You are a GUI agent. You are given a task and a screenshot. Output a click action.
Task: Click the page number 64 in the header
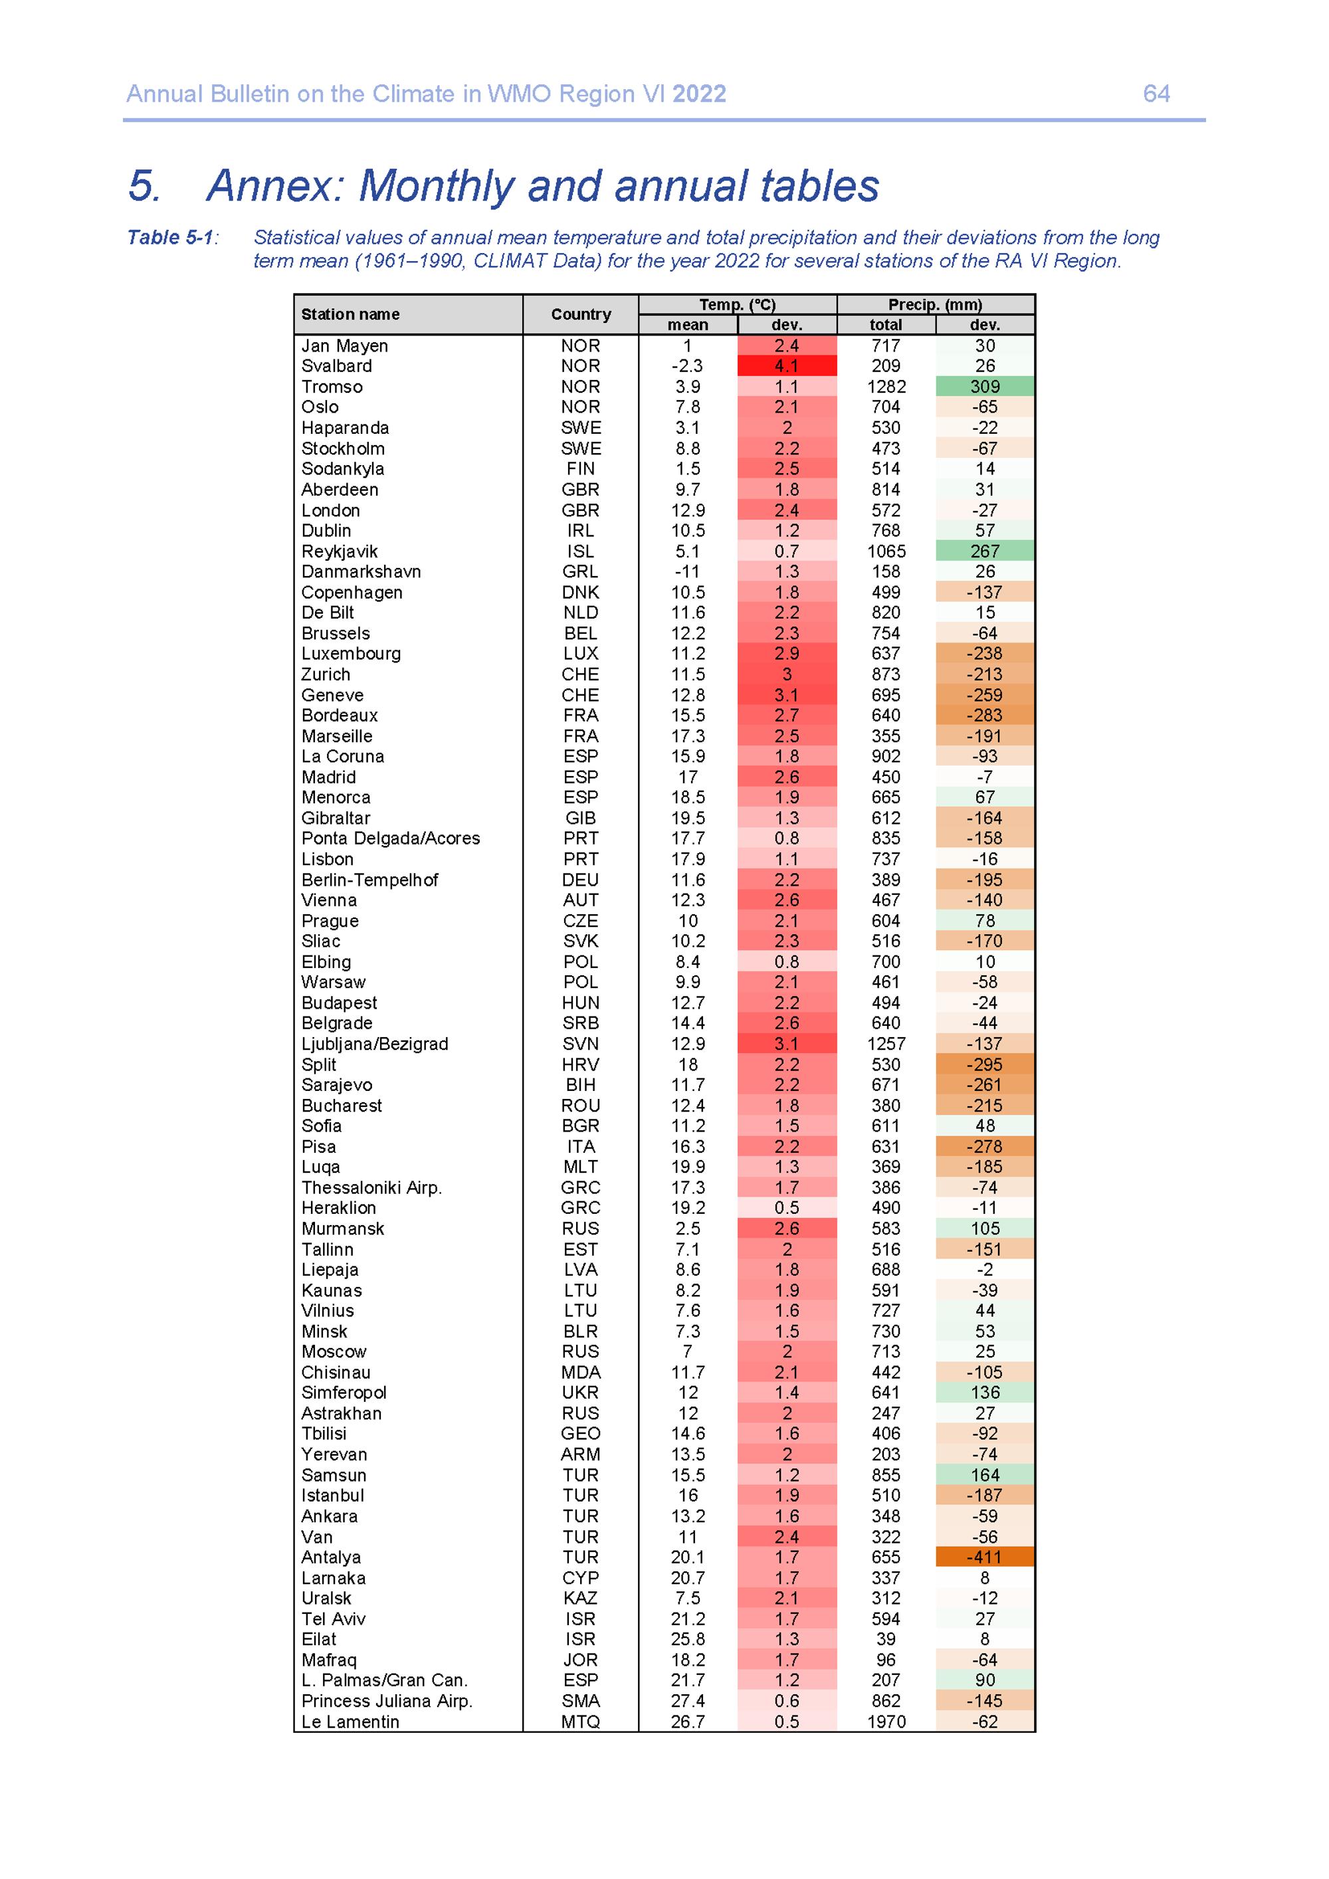tap(1156, 94)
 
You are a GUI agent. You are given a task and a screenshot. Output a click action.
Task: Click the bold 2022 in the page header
tap(699, 94)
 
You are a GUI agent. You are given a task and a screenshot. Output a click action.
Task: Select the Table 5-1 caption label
tap(170, 237)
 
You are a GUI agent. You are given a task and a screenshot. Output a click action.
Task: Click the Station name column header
tap(350, 314)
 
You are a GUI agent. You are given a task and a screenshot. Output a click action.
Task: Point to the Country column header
tap(580, 314)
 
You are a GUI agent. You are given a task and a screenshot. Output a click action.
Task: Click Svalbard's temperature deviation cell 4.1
tap(786, 366)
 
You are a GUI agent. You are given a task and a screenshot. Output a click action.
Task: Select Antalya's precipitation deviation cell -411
tap(985, 1557)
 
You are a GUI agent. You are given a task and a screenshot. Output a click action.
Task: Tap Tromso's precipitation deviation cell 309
tap(985, 386)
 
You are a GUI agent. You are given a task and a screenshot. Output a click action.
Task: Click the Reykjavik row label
tap(339, 551)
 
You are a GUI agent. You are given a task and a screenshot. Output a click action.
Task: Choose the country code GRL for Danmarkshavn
tap(580, 571)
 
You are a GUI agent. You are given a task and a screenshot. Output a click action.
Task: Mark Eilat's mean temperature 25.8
tap(687, 1639)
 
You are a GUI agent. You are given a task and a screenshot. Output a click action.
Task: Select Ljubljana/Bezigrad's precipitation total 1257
tap(886, 1043)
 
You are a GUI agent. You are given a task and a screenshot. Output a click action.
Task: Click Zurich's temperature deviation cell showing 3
tap(786, 674)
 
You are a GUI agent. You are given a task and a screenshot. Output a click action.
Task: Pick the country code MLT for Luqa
tap(580, 1167)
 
